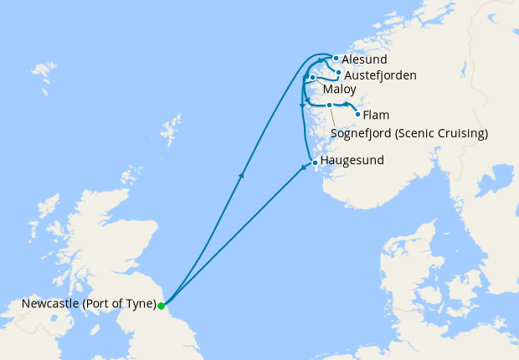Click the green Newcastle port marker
(161, 306)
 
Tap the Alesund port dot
(336, 59)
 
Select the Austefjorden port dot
(338, 73)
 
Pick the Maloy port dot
(312, 78)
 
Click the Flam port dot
(357, 114)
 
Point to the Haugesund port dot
(314, 162)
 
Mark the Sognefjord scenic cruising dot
(330, 105)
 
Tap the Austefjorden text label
(380, 75)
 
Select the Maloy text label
(339, 89)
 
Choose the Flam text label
(377, 116)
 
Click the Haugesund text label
(352, 162)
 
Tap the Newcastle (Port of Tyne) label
(80, 304)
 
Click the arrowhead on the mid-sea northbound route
(241, 175)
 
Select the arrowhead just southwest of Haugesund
(304, 171)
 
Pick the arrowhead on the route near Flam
(346, 104)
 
